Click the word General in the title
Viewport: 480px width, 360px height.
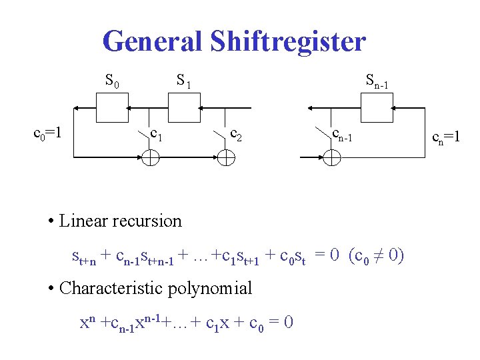point(152,41)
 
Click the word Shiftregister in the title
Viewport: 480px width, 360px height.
point(287,41)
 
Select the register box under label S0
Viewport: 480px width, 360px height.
point(112,107)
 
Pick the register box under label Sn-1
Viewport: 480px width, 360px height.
point(377,107)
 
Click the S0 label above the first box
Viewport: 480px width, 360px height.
point(112,82)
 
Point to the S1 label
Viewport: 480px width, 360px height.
point(183,82)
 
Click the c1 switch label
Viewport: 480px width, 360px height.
point(158,135)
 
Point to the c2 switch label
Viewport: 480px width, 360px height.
point(235,137)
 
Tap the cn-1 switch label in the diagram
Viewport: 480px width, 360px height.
point(346,136)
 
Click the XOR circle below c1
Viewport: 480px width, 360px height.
point(151,157)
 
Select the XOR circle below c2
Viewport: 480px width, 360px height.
point(226,157)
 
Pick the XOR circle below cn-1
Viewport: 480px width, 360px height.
point(331,157)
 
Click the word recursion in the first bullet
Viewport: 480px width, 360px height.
point(148,221)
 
